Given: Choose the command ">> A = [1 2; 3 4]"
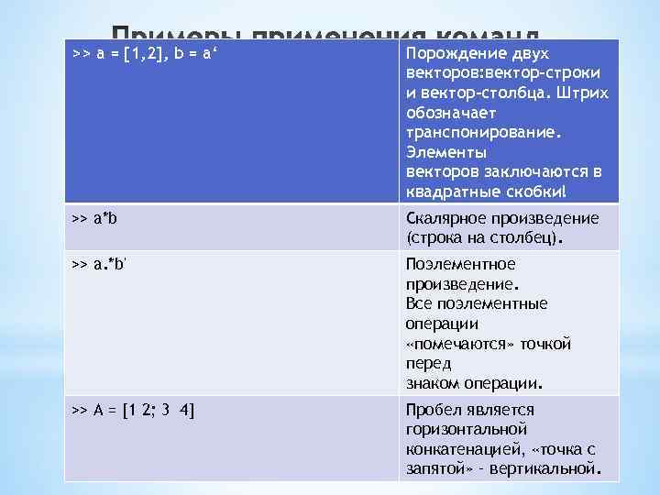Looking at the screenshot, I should coord(133,410).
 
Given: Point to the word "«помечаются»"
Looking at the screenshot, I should coord(458,344).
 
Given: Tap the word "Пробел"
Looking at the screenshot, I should coord(433,410).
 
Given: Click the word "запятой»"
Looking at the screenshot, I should coord(434,469).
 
